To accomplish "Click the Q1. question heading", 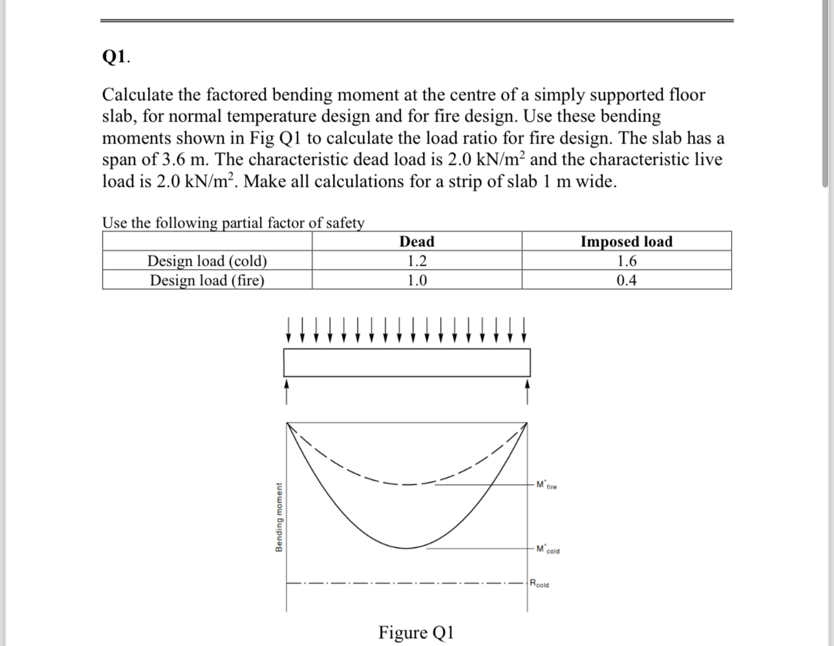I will pos(116,58).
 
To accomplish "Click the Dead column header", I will pos(416,242).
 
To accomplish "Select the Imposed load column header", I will pos(626,242).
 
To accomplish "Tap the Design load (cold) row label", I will pos(207,261).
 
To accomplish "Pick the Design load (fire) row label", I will pos(207,280).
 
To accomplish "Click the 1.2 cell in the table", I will pos(416,261).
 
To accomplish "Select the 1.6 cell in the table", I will pos(626,261).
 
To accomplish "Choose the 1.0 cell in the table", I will pos(416,280).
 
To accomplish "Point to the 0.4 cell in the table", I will pos(626,280).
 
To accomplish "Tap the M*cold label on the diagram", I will pos(548,550).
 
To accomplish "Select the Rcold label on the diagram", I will pos(539,584).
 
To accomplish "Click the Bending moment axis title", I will pos(279,517).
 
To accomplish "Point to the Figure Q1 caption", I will pos(416,632).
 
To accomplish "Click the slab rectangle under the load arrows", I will pos(407,362).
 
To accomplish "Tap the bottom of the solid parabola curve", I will pos(407,548).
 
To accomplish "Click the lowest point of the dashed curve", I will pos(407,484).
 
